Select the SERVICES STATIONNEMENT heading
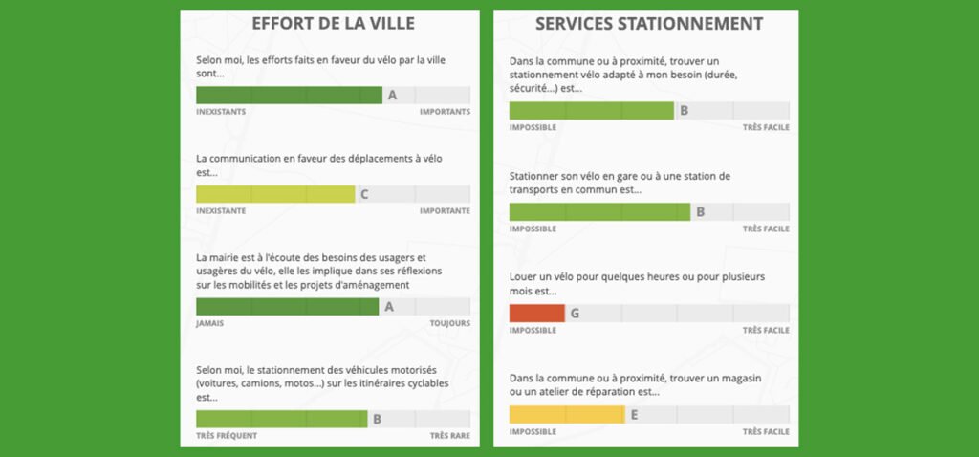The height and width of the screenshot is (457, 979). pos(648,24)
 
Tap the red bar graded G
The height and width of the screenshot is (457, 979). pos(536,313)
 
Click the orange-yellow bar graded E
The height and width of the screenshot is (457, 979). pos(566,414)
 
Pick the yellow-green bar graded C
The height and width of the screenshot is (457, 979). pos(274,194)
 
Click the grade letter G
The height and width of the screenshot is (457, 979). pos(575,313)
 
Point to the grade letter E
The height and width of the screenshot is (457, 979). pos(634,414)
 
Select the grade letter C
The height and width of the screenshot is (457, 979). pos(364,194)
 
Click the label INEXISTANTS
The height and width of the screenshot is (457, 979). pos(221,112)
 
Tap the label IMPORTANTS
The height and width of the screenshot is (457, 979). pos(445,112)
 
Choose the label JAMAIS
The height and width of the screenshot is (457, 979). pos(210,324)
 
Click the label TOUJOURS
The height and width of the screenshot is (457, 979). pos(448,324)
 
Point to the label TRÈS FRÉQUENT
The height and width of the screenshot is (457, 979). pos(226,436)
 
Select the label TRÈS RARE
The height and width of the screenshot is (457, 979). pos(449,436)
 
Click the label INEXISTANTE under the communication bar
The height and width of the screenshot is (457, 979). pos(221,211)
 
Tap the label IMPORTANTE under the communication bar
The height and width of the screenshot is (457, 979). pos(445,211)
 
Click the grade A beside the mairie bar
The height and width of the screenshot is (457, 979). pos(389,307)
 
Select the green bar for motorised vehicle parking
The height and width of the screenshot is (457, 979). pos(281,419)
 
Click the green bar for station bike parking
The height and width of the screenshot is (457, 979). pos(598,211)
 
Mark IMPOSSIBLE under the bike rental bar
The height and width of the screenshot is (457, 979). pos(533,331)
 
